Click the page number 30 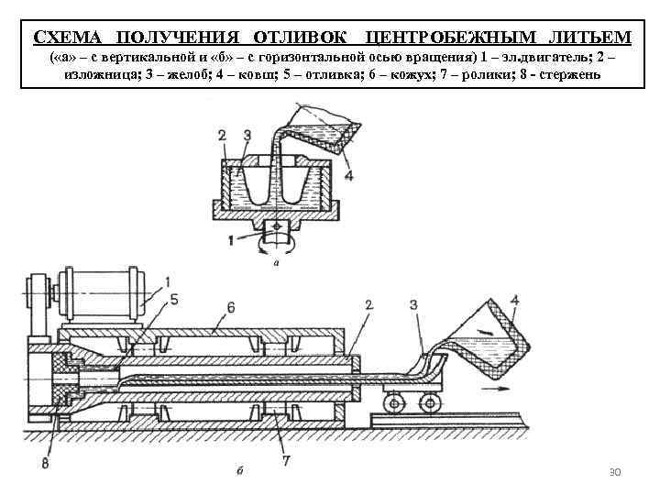(x=615, y=472)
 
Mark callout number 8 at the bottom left (x=45, y=461)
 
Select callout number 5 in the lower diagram (x=173, y=297)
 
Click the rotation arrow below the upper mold (x=275, y=245)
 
